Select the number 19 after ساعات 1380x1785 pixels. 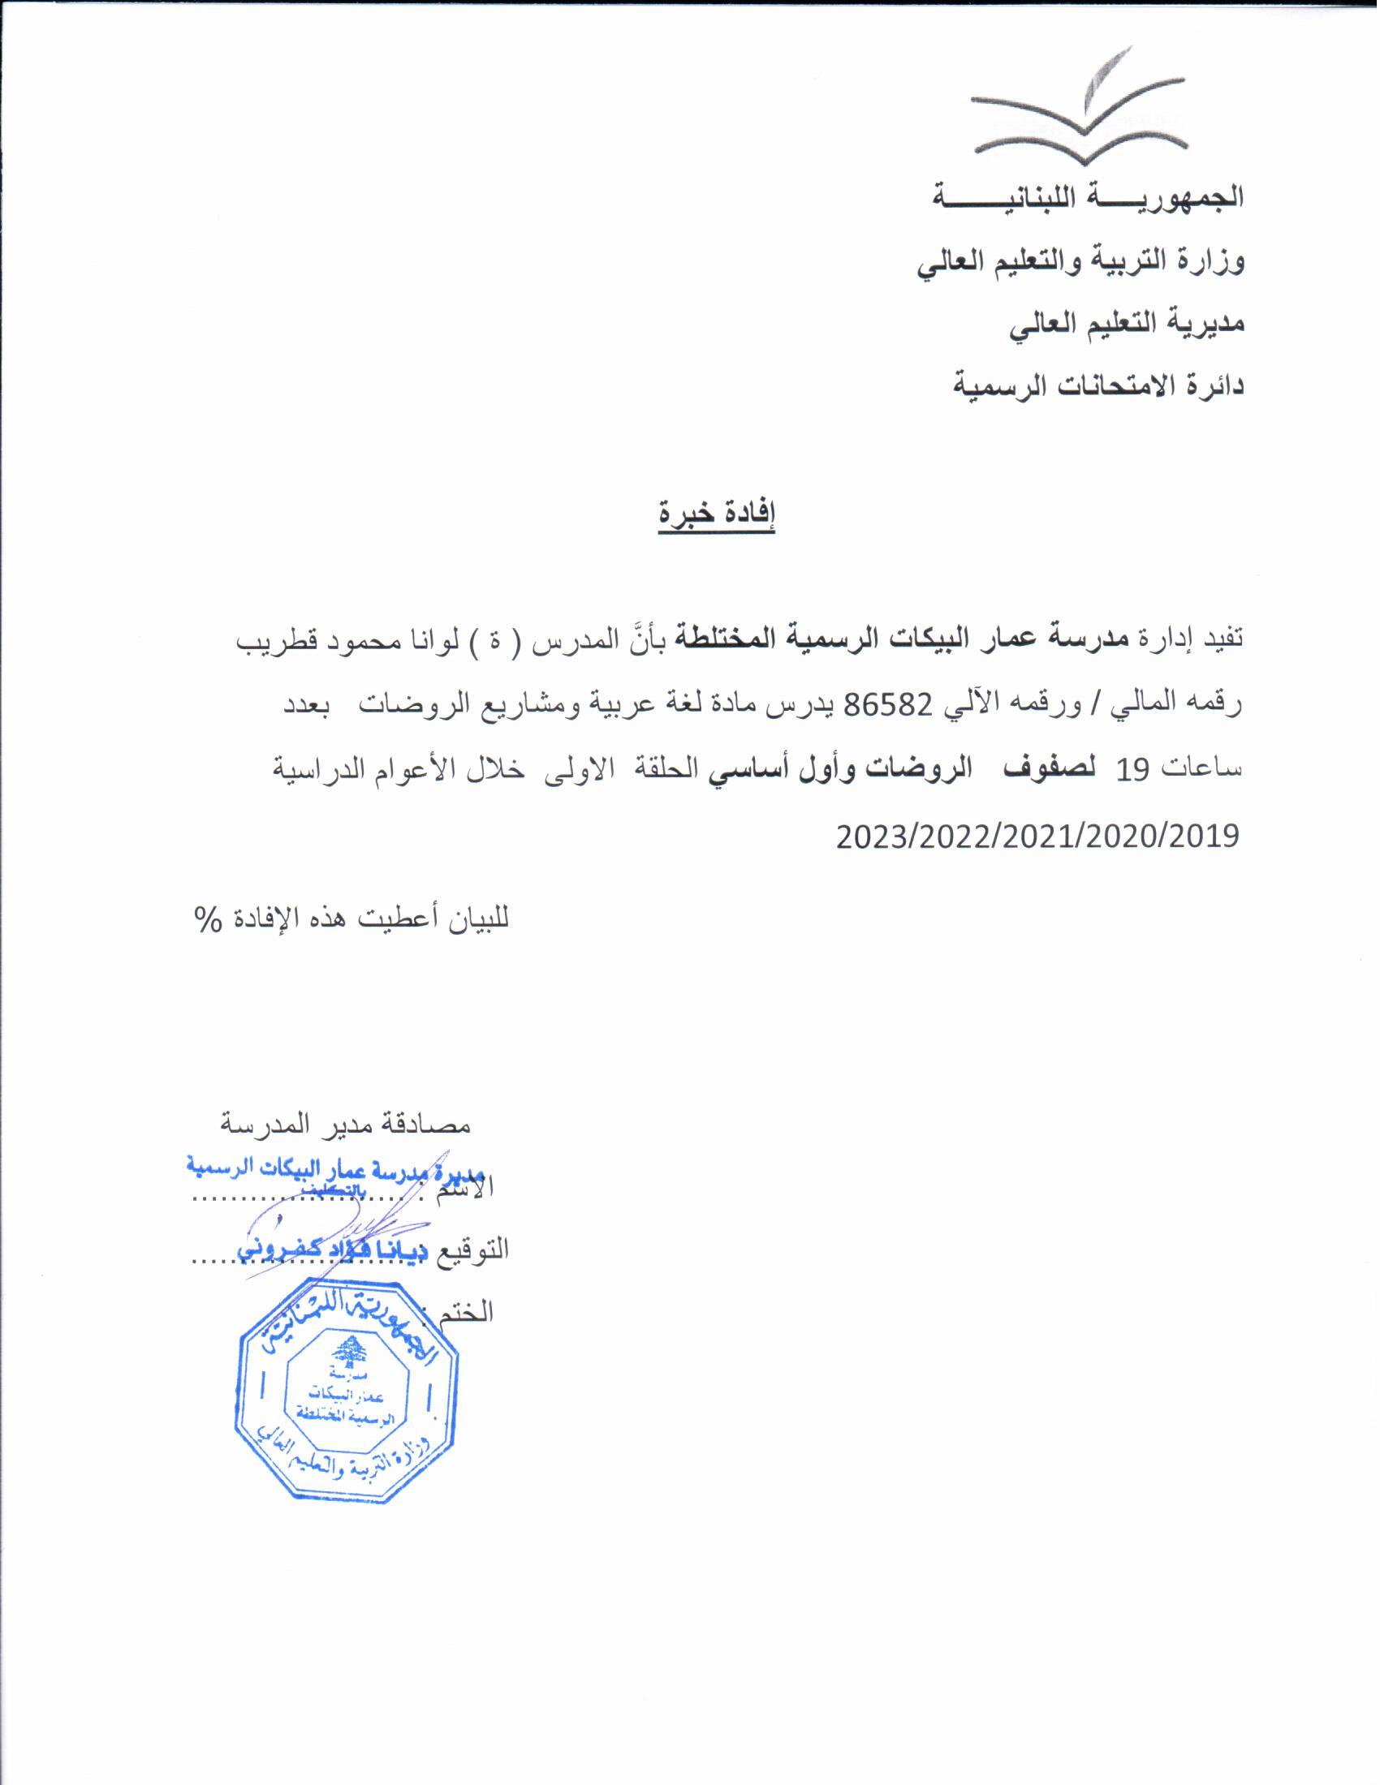(1135, 768)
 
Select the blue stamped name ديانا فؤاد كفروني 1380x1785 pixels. (338, 1273)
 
